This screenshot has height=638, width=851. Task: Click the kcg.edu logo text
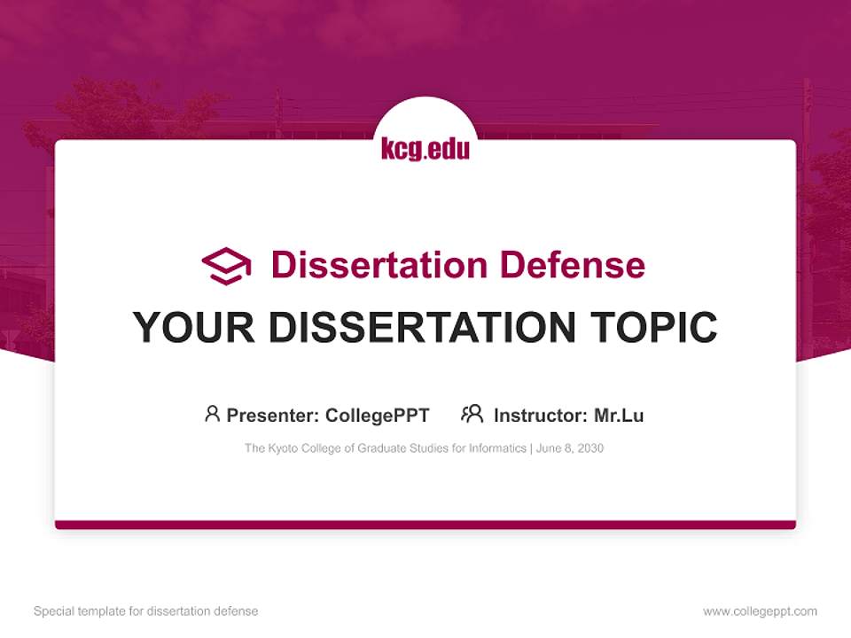(x=425, y=148)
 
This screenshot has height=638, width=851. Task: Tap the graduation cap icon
(x=226, y=265)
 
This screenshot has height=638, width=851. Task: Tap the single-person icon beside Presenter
(x=212, y=414)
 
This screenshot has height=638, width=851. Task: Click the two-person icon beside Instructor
(x=472, y=414)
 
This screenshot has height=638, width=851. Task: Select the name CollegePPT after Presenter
(x=377, y=415)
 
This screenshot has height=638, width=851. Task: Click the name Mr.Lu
(x=619, y=415)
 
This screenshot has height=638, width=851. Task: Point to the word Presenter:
(x=273, y=415)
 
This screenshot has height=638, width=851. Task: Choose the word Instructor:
(x=541, y=415)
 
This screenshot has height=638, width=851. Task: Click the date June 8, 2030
(x=570, y=448)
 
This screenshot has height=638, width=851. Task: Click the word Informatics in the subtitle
(x=498, y=448)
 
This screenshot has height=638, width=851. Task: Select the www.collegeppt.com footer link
(x=760, y=611)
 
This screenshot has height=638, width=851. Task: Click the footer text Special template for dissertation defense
(x=146, y=611)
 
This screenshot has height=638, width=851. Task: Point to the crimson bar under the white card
(x=425, y=525)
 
